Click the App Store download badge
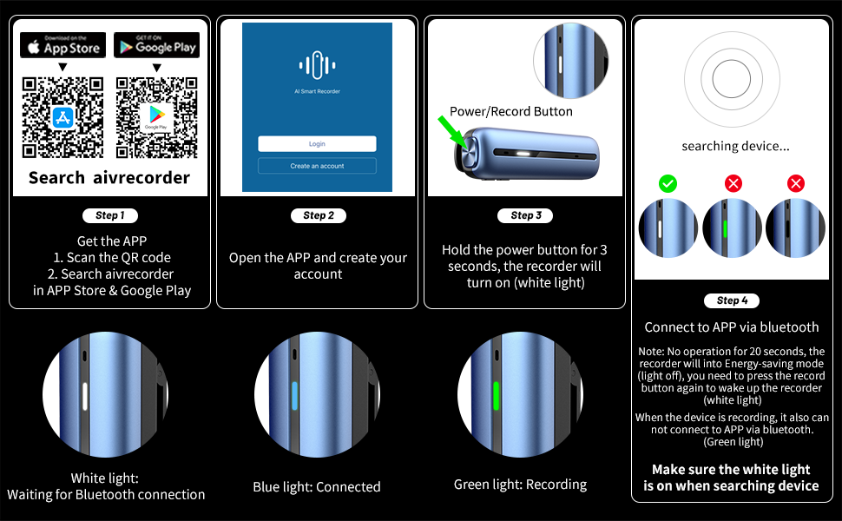click(x=62, y=45)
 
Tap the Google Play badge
click(x=157, y=45)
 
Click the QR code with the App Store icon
click(x=62, y=117)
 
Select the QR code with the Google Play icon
click(x=157, y=117)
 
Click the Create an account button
click(x=317, y=166)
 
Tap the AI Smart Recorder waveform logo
click(x=317, y=65)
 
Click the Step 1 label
click(x=110, y=215)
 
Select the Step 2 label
click(x=319, y=215)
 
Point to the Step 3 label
click(x=525, y=215)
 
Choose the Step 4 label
click(x=732, y=300)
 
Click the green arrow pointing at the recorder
click(x=452, y=132)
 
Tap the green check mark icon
click(x=668, y=184)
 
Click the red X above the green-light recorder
click(x=733, y=184)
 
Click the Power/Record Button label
click(x=511, y=111)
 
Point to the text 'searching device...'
click(x=736, y=146)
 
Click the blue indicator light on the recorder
click(x=294, y=396)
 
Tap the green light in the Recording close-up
click(x=496, y=396)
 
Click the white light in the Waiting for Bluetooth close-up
click(x=85, y=396)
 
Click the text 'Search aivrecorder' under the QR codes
click(x=109, y=178)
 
